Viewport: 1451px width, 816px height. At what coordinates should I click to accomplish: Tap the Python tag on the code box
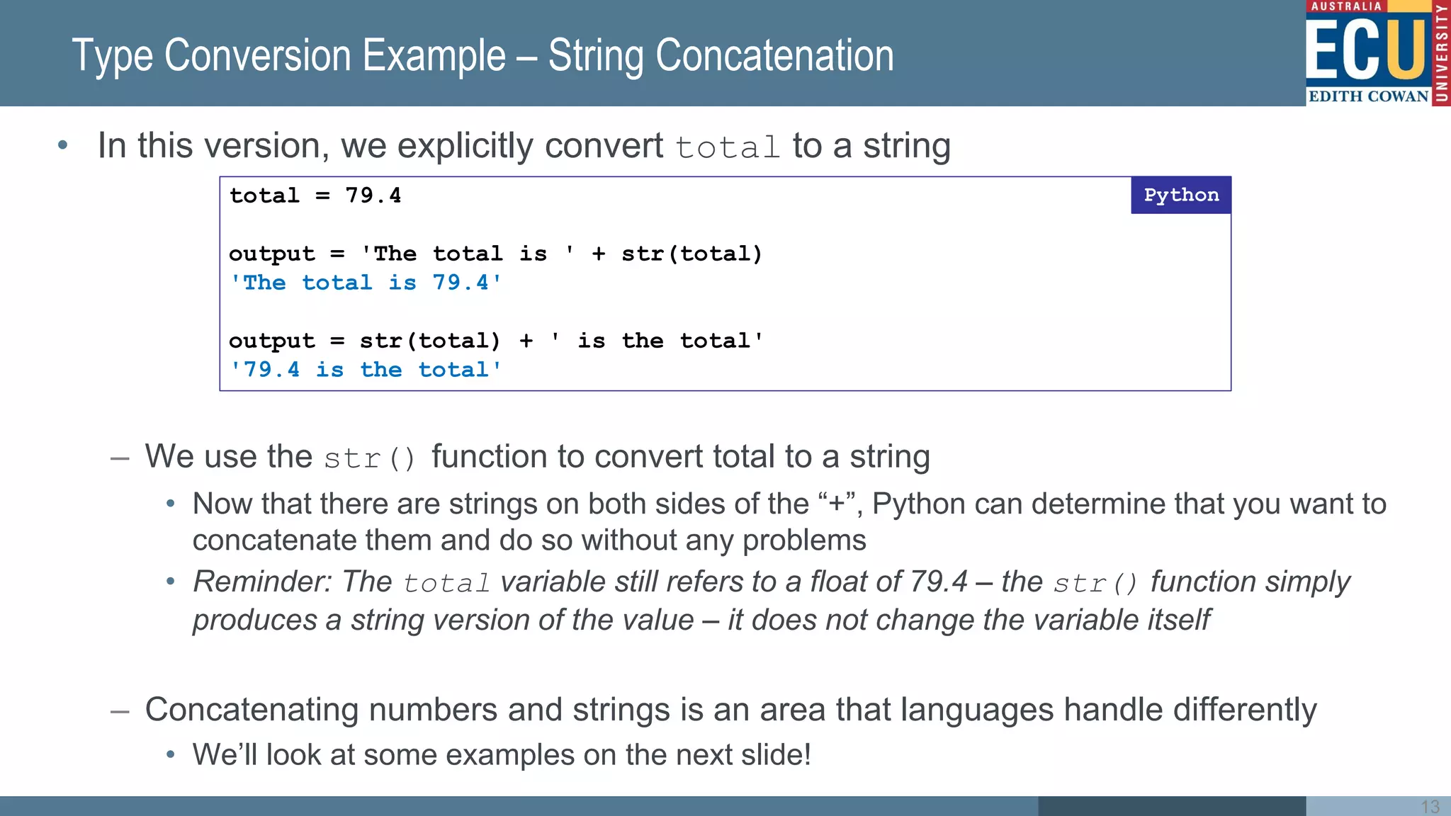[1180, 195]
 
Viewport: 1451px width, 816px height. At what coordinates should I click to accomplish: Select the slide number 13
[1430, 806]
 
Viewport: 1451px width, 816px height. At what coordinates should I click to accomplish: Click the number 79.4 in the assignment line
[373, 195]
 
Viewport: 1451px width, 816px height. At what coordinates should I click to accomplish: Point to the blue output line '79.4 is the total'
[366, 370]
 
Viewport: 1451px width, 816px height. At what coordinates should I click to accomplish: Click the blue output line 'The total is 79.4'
[366, 283]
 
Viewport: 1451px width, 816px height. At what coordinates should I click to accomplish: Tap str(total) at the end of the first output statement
[691, 254]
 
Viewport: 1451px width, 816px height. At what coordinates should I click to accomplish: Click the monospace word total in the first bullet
[727, 148]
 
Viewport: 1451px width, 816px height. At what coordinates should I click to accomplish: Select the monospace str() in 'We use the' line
[369, 458]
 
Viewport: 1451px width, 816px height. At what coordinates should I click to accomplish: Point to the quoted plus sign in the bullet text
[837, 504]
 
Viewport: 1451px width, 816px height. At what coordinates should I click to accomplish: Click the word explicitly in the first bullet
[465, 147]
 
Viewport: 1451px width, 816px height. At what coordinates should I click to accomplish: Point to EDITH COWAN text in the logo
[1368, 96]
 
